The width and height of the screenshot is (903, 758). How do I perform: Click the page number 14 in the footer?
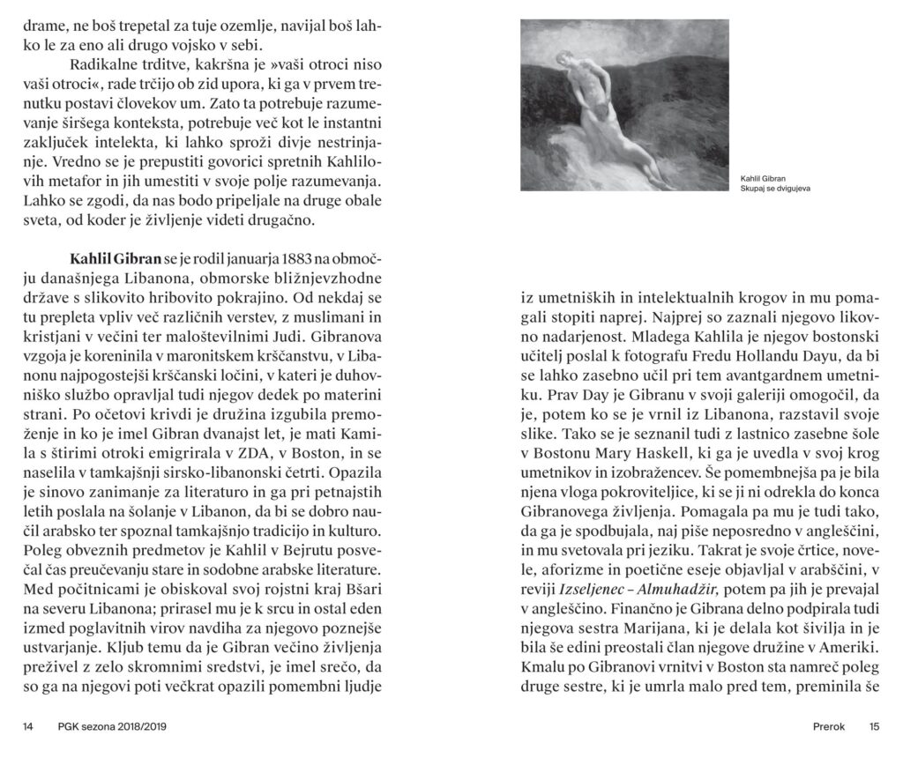pyautogui.click(x=28, y=727)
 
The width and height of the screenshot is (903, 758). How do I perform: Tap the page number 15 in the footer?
pyautogui.click(x=874, y=727)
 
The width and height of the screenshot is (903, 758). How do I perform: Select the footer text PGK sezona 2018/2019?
pyautogui.click(x=113, y=727)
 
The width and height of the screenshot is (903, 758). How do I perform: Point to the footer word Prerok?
pyautogui.click(x=829, y=727)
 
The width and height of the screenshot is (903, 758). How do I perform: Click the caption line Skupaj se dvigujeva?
pyautogui.click(x=775, y=189)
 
